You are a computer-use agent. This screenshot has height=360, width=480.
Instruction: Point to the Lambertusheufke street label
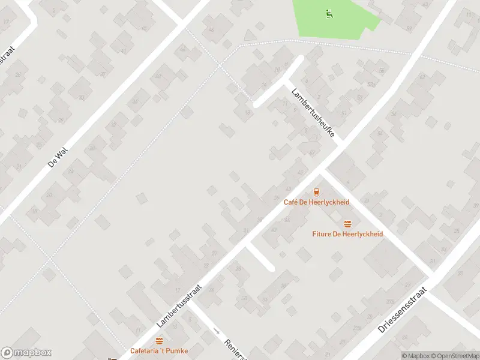tap(313, 113)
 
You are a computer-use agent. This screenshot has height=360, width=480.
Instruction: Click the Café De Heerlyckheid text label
tap(316, 202)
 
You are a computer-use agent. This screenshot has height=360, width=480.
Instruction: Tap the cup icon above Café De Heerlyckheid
tap(316, 192)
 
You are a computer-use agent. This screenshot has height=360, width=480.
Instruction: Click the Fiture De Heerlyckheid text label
tap(347, 234)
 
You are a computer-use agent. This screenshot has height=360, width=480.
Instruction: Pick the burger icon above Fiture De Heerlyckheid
tap(347, 224)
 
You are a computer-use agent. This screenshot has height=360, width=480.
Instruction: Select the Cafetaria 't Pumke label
tap(159, 350)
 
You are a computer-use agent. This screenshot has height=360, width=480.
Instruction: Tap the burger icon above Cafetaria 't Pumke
tap(159, 341)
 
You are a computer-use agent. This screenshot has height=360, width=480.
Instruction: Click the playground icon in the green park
tap(328, 13)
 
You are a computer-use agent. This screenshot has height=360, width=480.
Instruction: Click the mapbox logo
tap(26, 353)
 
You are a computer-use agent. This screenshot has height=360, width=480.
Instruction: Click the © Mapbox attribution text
tap(415, 356)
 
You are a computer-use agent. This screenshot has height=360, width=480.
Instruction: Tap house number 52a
tap(371, 85)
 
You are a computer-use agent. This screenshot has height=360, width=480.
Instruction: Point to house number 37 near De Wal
tap(103, 74)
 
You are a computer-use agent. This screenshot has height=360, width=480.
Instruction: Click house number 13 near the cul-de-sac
tap(248, 112)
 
